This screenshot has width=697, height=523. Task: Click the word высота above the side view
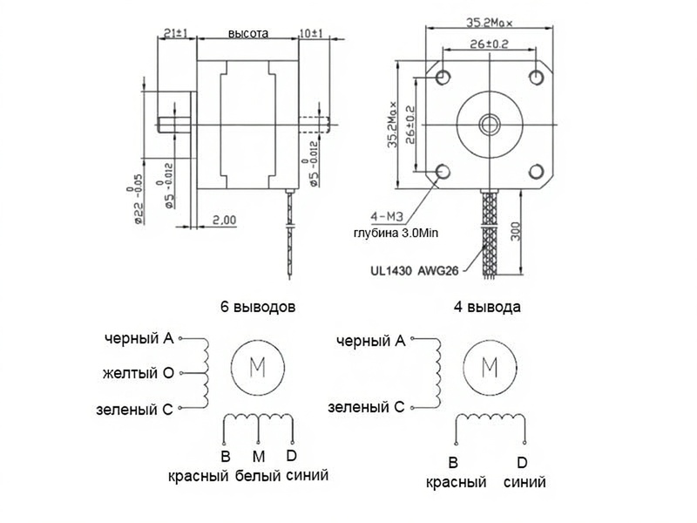click(248, 33)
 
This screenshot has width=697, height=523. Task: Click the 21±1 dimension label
click(178, 33)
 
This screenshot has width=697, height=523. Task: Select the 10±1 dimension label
click(310, 33)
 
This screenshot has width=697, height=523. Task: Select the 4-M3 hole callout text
click(386, 214)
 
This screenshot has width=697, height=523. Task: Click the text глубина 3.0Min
click(395, 234)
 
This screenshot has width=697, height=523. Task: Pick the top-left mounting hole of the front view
click(443, 77)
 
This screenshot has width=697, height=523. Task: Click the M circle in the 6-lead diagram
click(258, 367)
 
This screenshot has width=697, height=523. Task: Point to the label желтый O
click(139, 374)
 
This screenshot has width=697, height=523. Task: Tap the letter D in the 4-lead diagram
click(521, 462)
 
